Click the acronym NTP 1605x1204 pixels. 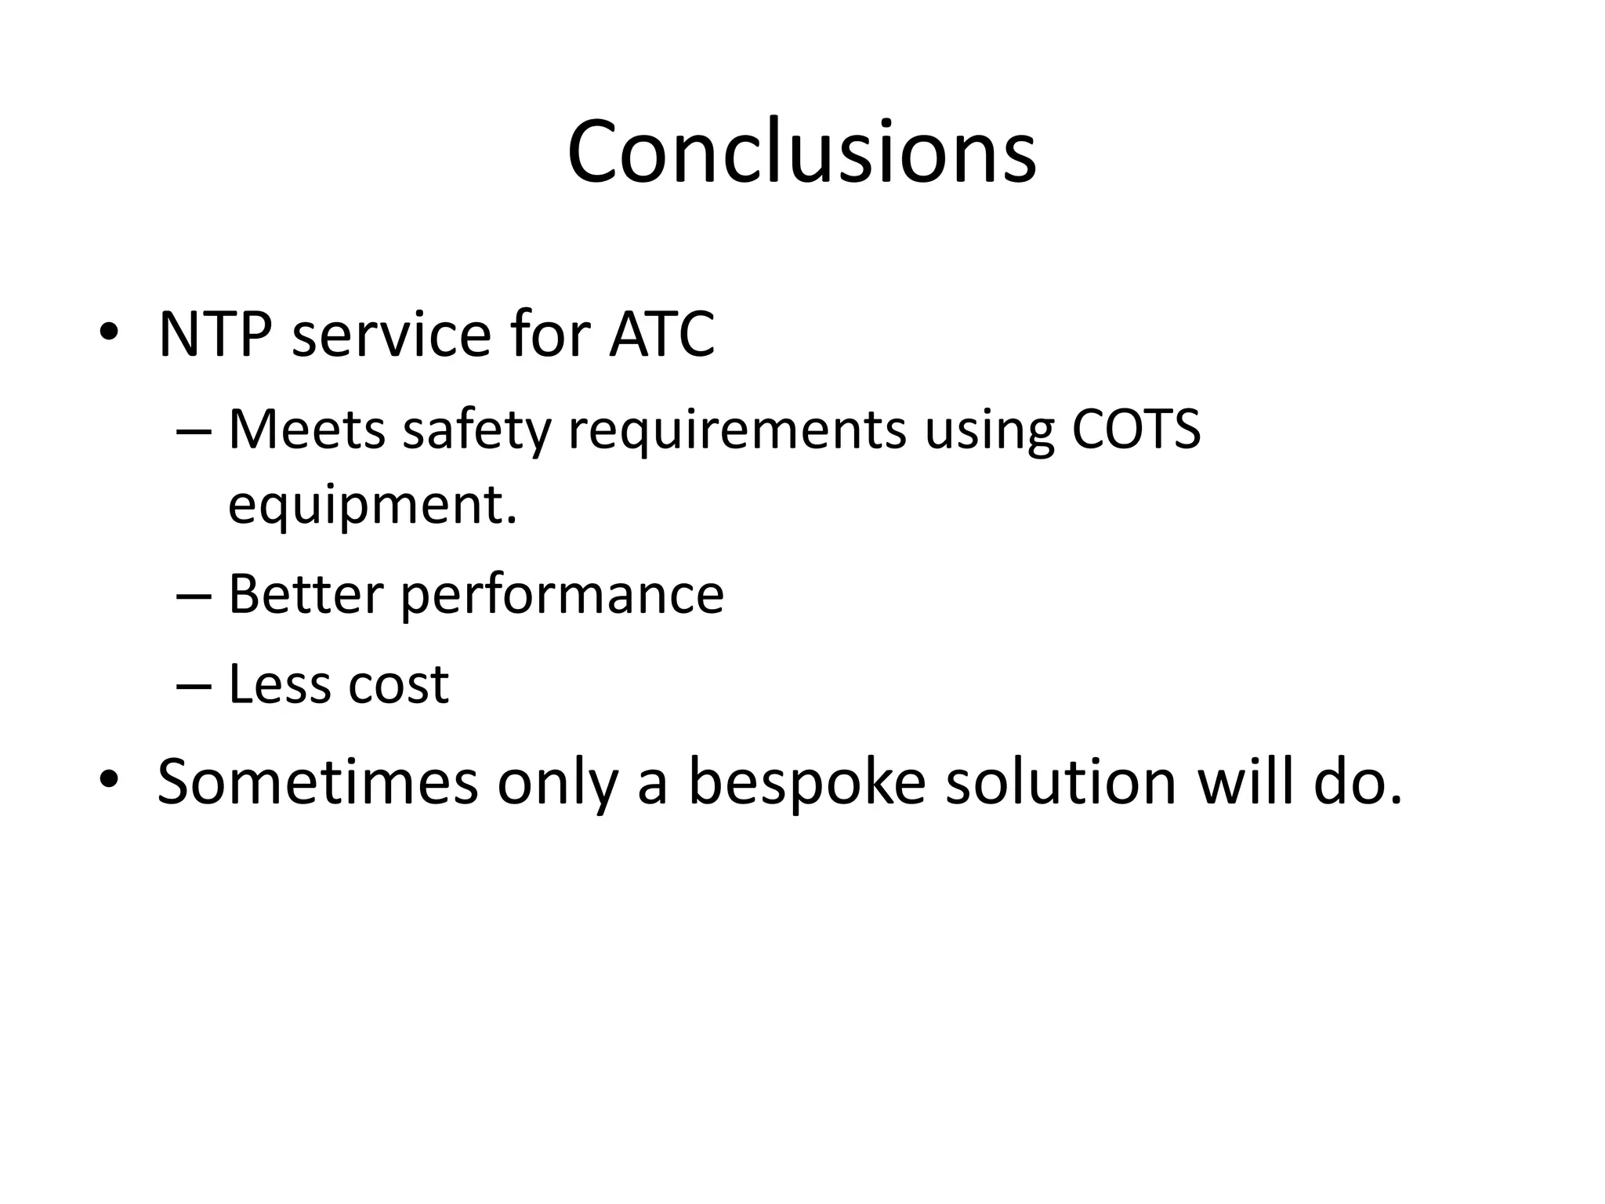tap(216, 335)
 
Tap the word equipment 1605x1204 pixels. tap(371, 505)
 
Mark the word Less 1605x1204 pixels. tap(279, 684)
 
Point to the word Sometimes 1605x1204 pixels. tap(317, 781)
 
